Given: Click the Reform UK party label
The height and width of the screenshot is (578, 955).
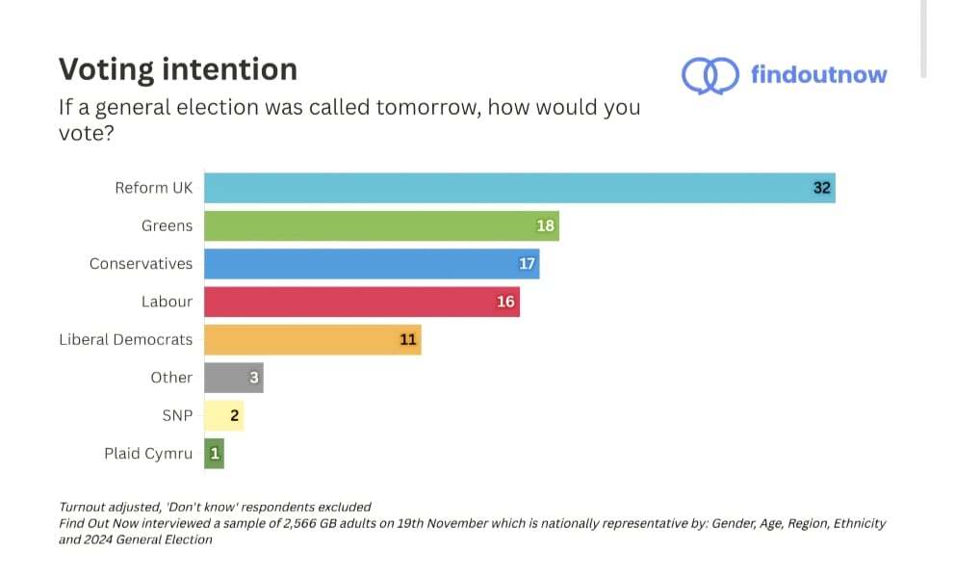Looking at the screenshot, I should point(154,188).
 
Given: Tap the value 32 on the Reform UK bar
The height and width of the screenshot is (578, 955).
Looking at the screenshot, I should point(821,188).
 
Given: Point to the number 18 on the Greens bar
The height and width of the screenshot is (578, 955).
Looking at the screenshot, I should point(546,226).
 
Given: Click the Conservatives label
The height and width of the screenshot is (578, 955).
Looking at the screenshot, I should point(141,264).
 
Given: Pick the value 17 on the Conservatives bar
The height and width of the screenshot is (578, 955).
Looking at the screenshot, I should point(527,264).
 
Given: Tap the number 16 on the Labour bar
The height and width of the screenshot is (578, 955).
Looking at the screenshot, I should point(506,302).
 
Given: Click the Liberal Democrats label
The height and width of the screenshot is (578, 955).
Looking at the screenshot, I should point(126,339).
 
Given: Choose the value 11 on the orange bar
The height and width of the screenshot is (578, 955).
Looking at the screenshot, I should point(408,339).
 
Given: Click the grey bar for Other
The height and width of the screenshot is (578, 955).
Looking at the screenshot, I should point(233,378).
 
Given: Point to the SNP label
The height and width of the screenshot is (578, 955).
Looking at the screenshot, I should point(177,415).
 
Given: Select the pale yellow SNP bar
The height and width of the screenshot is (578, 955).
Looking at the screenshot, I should point(223,415).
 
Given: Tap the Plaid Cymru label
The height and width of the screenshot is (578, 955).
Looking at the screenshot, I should point(148,454).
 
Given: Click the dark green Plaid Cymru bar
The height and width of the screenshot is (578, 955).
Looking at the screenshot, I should point(214,454).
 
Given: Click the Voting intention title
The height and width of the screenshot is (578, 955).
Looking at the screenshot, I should point(178,69).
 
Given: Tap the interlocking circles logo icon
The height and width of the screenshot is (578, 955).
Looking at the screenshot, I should point(710,75).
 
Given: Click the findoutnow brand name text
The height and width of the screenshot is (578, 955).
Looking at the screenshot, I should point(819,75).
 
